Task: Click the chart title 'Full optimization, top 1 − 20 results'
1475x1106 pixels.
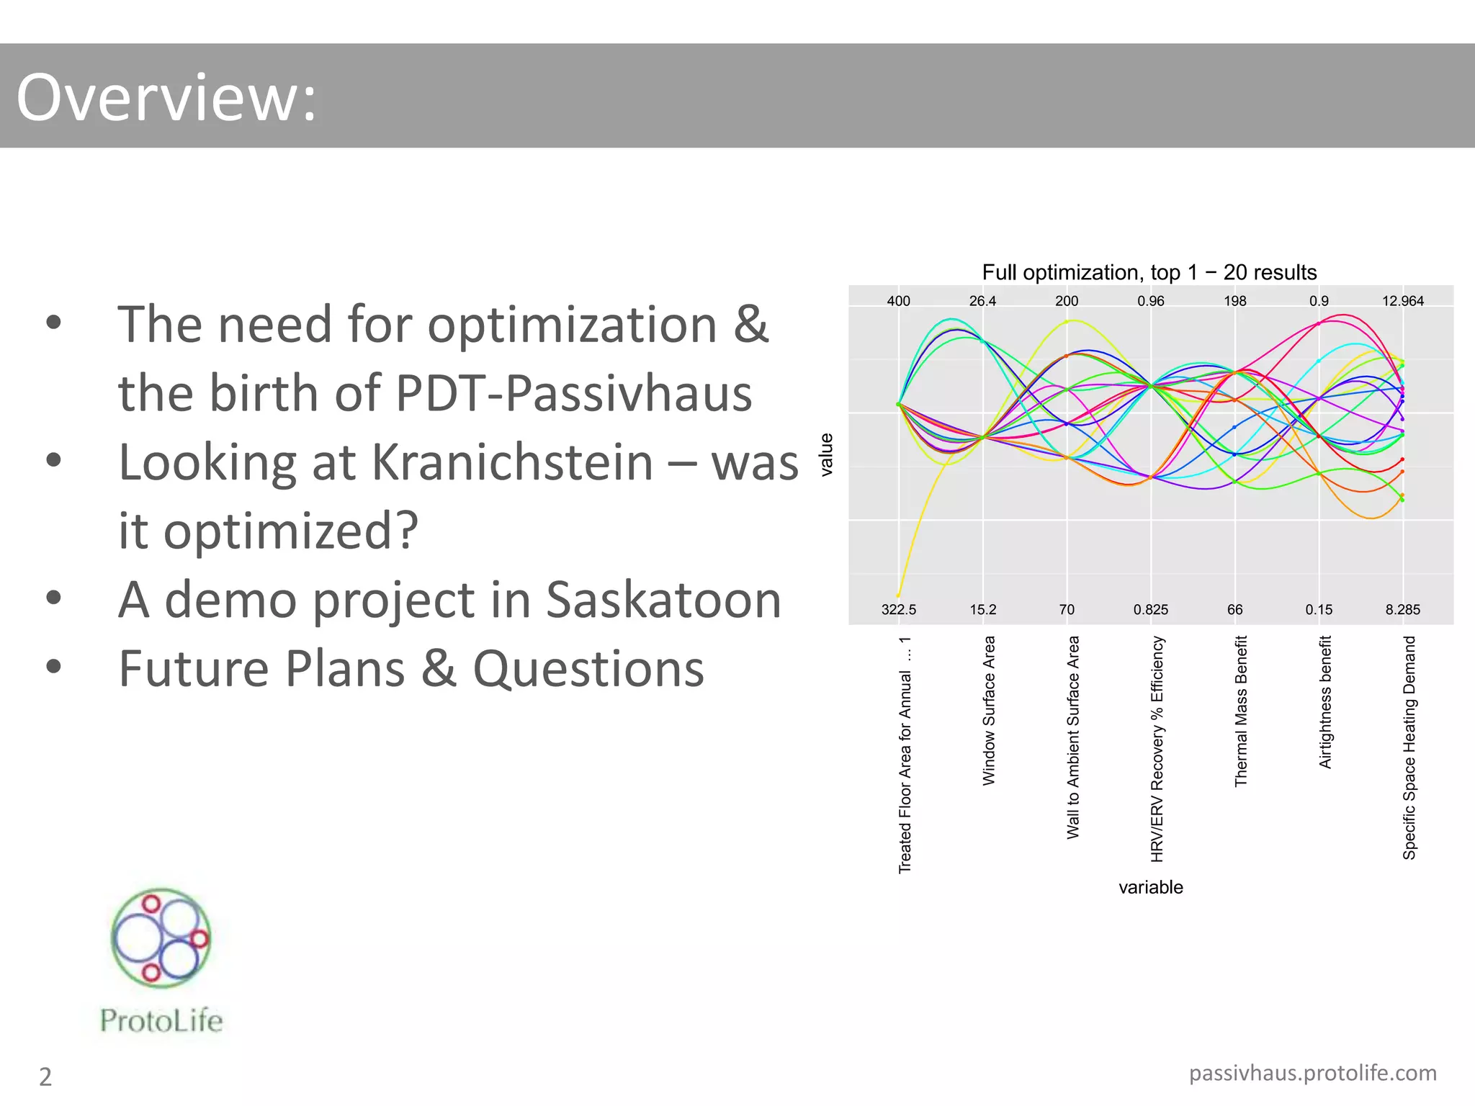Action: point(1149,272)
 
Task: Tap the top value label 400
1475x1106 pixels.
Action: point(898,301)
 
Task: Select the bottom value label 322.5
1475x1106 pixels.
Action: point(898,610)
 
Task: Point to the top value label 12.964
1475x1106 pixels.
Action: point(1402,301)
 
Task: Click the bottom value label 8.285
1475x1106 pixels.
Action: point(1402,610)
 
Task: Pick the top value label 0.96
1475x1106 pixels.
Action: point(1150,301)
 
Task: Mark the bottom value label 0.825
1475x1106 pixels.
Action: point(1150,610)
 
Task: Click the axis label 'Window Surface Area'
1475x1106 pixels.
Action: point(989,710)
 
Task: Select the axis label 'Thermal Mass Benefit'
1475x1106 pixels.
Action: point(1240,711)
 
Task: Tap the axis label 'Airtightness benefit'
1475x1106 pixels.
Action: point(1324,702)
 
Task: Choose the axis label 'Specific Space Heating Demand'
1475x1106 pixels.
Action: point(1409,747)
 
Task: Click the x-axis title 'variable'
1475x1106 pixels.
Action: point(1150,887)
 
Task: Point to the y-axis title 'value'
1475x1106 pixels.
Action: point(827,454)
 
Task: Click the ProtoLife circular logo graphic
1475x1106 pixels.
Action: point(161,937)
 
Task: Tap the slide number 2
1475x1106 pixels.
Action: point(45,1076)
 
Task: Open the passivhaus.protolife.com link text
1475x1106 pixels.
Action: point(1312,1073)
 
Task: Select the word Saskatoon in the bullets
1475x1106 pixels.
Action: point(663,600)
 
